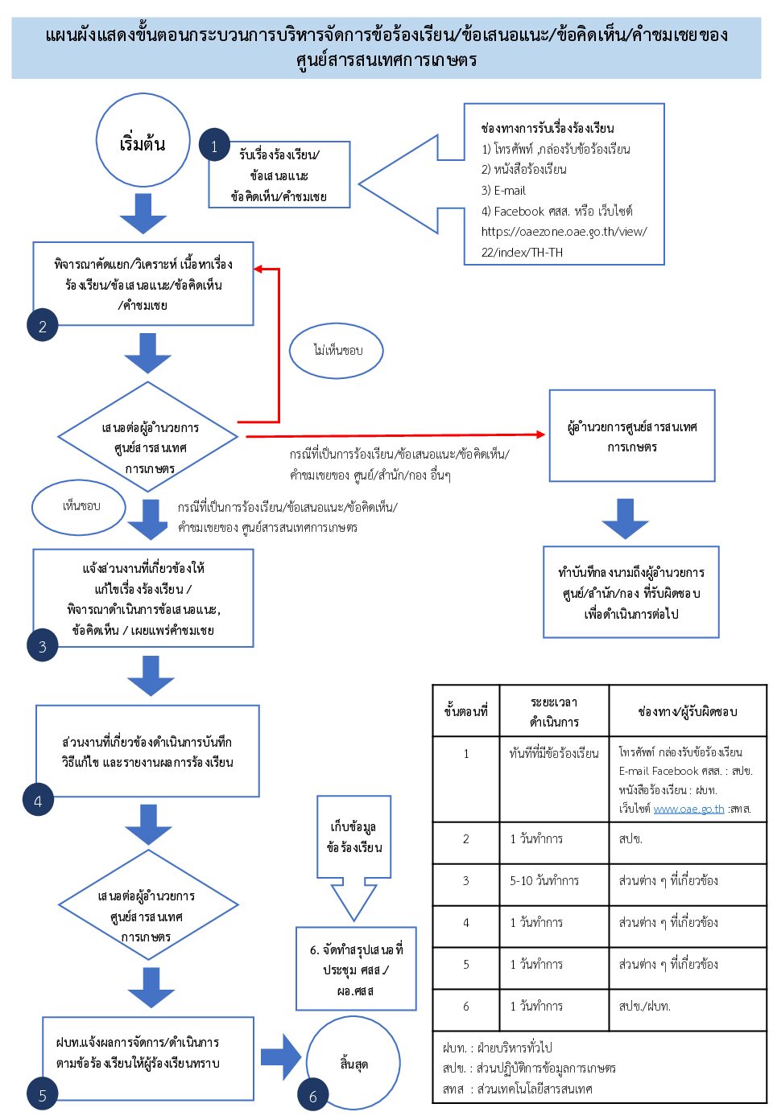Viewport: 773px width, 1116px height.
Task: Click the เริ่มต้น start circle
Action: click(143, 141)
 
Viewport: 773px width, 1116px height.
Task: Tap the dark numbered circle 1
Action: click(214, 146)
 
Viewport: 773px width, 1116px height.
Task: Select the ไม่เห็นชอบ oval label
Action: click(337, 351)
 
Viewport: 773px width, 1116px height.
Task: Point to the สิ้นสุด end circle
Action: click(353, 1062)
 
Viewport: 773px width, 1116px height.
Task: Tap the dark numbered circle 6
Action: click(313, 1096)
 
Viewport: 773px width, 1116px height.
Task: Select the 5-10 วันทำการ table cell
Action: click(544, 881)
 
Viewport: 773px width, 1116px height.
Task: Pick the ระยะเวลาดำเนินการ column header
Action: click(554, 711)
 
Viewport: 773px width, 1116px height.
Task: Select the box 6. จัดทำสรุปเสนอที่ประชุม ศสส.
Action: click(356, 969)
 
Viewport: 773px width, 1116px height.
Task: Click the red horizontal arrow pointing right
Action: click(395, 435)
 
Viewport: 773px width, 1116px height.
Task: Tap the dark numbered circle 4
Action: click(38, 801)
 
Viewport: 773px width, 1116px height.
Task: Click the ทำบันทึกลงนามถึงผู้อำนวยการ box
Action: click(630, 593)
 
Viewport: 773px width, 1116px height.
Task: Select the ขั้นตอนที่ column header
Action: click(465, 711)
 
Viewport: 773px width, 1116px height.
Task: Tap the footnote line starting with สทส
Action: click(517, 1089)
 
